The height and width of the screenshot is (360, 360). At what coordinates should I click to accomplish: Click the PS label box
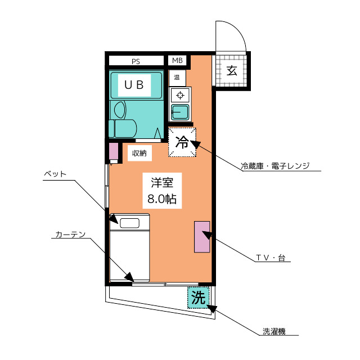[x=136, y=61]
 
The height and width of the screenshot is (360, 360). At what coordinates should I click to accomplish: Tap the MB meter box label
[x=177, y=61]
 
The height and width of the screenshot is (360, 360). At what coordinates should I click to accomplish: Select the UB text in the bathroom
[x=134, y=85]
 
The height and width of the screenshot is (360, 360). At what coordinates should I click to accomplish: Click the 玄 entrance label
[x=232, y=70]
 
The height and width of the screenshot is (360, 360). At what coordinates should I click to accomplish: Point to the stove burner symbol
[x=180, y=95]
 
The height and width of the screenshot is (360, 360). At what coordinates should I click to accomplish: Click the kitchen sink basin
[x=180, y=112]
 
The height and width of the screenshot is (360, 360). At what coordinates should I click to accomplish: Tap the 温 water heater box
[x=177, y=78]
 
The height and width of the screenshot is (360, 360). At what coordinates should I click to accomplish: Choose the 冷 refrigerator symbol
[x=182, y=142]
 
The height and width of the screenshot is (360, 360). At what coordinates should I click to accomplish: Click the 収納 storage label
[x=139, y=153]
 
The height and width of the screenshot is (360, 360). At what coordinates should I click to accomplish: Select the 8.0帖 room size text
[x=162, y=199]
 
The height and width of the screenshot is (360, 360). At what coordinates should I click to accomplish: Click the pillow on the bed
[x=129, y=223]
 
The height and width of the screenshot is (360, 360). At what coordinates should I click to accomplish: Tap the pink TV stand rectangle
[x=202, y=237]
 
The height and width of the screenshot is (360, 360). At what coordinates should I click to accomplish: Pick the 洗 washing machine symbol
[x=199, y=298]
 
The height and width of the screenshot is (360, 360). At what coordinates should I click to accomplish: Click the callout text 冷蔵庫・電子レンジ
[x=275, y=166]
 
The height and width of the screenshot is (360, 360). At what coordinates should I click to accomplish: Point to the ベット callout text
[x=55, y=174]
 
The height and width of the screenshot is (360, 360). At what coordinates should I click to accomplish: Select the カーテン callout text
[x=70, y=235]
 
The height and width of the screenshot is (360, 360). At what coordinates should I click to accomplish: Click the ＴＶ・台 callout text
[x=271, y=258]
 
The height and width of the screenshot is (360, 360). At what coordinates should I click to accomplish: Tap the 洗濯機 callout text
[x=274, y=331]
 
